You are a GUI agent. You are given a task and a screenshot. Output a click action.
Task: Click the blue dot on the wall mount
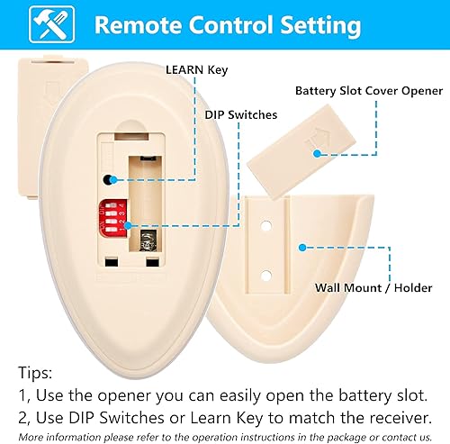coord(299,244)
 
